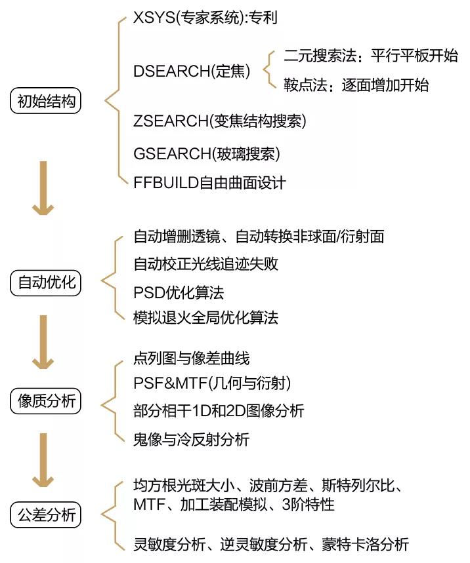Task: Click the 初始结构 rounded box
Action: coord(46,100)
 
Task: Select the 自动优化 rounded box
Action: coord(46,282)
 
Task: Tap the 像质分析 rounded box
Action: coord(46,400)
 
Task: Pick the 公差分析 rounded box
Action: coord(46,515)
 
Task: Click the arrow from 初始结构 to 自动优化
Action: coord(43,188)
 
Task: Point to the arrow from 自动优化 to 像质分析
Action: coord(43,342)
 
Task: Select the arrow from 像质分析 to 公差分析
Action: coord(43,460)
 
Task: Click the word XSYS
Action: coord(154,17)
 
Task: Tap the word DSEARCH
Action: coord(171,71)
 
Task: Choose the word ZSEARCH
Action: coord(171,121)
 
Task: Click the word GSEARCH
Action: coord(172,153)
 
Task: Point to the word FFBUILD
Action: coord(166,183)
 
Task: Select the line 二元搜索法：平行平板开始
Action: coord(371,56)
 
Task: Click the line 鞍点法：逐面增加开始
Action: coord(356,85)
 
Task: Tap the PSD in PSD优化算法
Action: coord(149,292)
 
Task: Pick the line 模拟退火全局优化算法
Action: coord(205,317)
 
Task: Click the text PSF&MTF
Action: coord(171,383)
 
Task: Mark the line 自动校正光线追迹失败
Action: coord(205,264)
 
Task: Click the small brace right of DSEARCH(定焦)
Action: coord(270,69)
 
